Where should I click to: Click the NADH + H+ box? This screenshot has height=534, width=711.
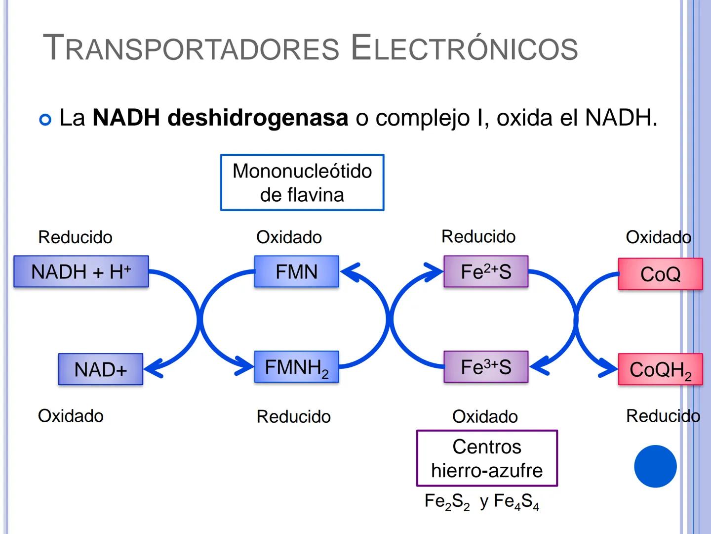[81, 271]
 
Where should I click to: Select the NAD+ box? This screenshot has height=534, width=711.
[101, 369]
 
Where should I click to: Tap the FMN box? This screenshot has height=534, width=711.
[296, 271]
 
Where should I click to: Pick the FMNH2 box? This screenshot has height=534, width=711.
[296, 367]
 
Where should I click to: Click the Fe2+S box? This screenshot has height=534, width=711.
[486, 271]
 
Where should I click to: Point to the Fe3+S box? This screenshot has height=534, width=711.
[486, 367]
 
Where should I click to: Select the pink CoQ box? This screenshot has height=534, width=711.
[660, 274]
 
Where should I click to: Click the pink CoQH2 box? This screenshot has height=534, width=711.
[660, 370]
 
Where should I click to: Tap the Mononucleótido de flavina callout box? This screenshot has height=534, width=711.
[302, 182]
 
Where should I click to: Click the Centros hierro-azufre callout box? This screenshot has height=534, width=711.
[487, 458]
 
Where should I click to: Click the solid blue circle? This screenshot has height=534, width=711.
[655, 466]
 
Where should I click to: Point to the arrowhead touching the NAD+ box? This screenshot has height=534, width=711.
[152, 369]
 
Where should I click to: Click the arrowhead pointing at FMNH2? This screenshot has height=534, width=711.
[245, 367]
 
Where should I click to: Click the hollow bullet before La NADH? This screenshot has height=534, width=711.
[45, 120]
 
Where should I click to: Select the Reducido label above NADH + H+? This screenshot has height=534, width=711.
[75, 237]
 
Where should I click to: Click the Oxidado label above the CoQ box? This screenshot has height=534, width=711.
[658, 237]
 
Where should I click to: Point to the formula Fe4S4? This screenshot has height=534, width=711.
[516, 502]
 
